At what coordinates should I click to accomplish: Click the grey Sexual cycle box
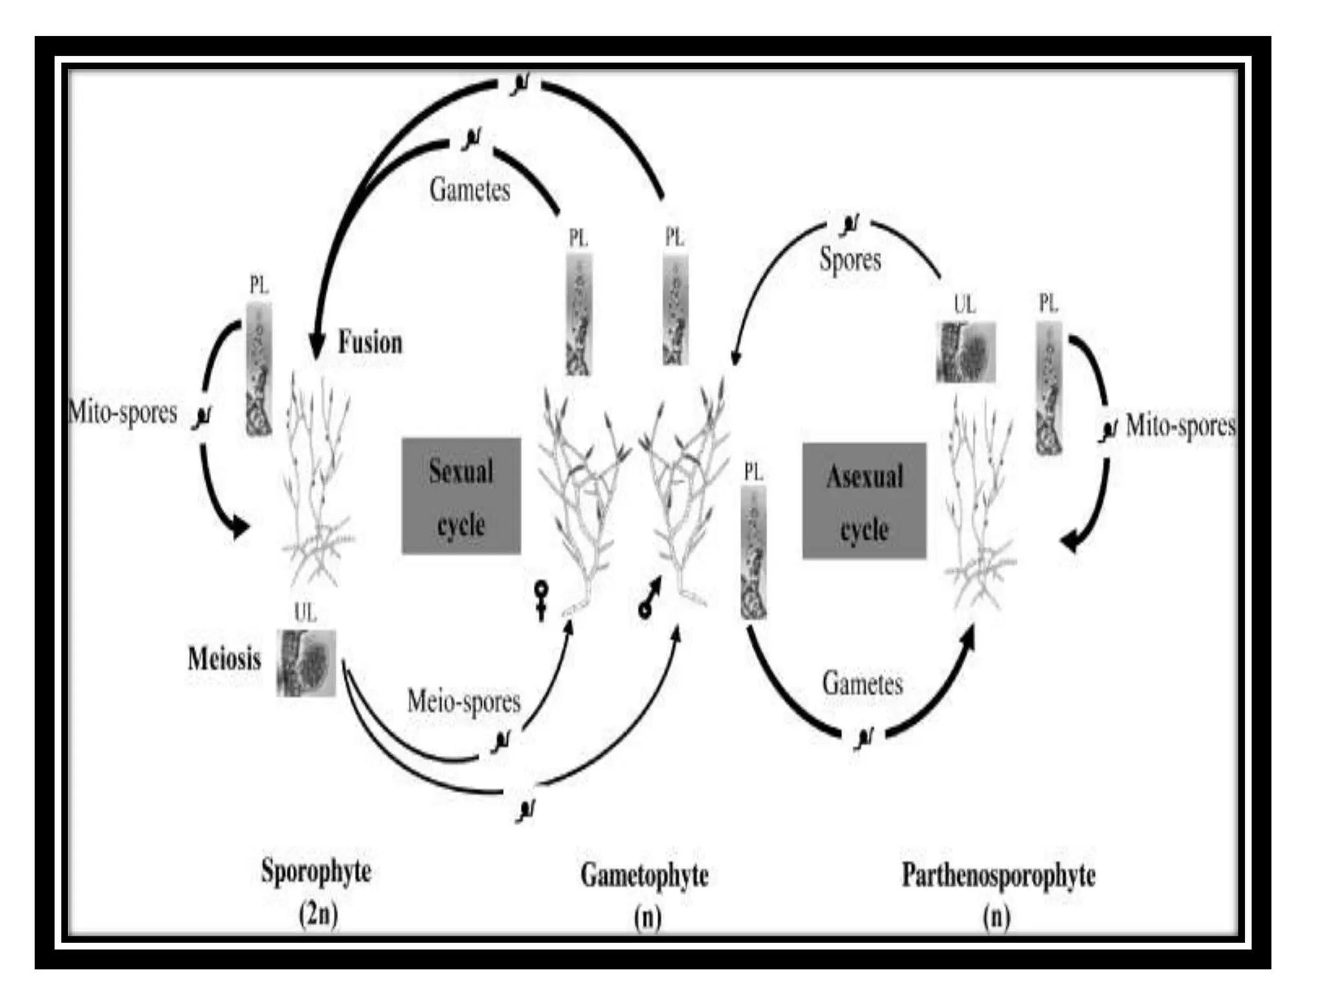[461, 496]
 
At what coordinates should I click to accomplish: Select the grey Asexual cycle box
[864, 501]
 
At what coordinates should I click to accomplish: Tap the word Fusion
[370, 342]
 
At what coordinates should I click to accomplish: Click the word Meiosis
[224, 659]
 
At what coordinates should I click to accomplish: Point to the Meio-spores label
[464, 702]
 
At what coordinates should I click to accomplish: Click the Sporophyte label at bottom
[316, 871]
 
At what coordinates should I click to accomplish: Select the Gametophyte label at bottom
[645, 875]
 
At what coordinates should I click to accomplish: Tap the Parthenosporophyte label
[998, 875]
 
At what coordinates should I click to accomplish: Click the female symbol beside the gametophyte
[541, 600]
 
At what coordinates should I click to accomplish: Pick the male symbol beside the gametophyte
[650, 599]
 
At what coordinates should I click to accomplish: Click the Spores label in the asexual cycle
[850, 260]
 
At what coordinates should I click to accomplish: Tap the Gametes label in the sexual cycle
[470, 190]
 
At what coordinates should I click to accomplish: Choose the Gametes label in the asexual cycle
[862, 684]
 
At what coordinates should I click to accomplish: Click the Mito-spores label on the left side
[123, 413]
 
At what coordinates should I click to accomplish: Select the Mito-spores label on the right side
[1181, 426]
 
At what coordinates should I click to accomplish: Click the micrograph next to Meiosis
[306, 663]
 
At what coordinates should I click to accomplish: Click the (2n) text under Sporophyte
[318, 915]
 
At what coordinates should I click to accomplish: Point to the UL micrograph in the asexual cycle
[965, 352]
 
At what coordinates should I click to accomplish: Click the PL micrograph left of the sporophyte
[259, 369]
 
